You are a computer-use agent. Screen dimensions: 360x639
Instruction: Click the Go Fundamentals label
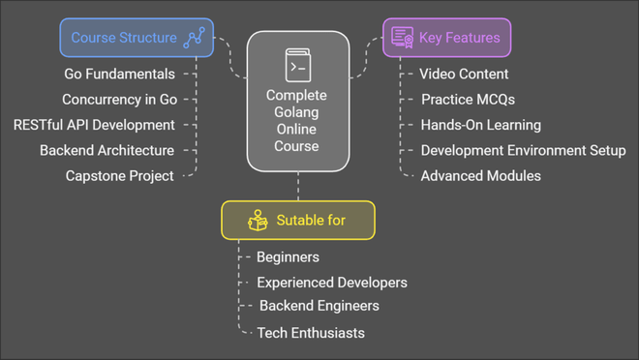[120, 74]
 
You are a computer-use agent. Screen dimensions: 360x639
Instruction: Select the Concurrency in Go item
[119, 99]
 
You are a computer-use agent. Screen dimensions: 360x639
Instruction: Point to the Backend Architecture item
[106, 150]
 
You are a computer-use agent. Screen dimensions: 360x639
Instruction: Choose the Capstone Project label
[119, 176]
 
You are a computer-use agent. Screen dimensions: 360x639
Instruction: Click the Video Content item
[464, 74]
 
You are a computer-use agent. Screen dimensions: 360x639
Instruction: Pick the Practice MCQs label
[468, 99]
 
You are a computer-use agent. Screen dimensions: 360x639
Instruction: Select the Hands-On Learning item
[480, 125]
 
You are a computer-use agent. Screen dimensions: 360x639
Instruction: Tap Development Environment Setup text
[523, 150]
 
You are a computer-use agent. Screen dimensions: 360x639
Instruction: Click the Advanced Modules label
[480, 176]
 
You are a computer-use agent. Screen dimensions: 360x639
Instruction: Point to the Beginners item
[288, 257]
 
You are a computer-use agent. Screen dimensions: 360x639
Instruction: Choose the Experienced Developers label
[331, 283]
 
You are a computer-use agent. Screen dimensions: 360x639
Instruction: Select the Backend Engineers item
[319, 306]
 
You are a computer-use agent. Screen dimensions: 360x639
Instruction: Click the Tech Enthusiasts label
[311, 333]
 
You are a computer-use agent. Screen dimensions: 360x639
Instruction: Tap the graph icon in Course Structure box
[195, 38]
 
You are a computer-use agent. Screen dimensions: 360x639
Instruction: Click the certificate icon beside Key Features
[402, 38]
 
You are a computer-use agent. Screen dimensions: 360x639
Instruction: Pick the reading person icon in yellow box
[258, 221]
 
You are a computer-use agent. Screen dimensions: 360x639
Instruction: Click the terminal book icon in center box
[297, 66]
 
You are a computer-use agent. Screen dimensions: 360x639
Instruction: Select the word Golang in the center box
[297, 112]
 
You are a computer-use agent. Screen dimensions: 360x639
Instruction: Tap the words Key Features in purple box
[459, 38]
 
